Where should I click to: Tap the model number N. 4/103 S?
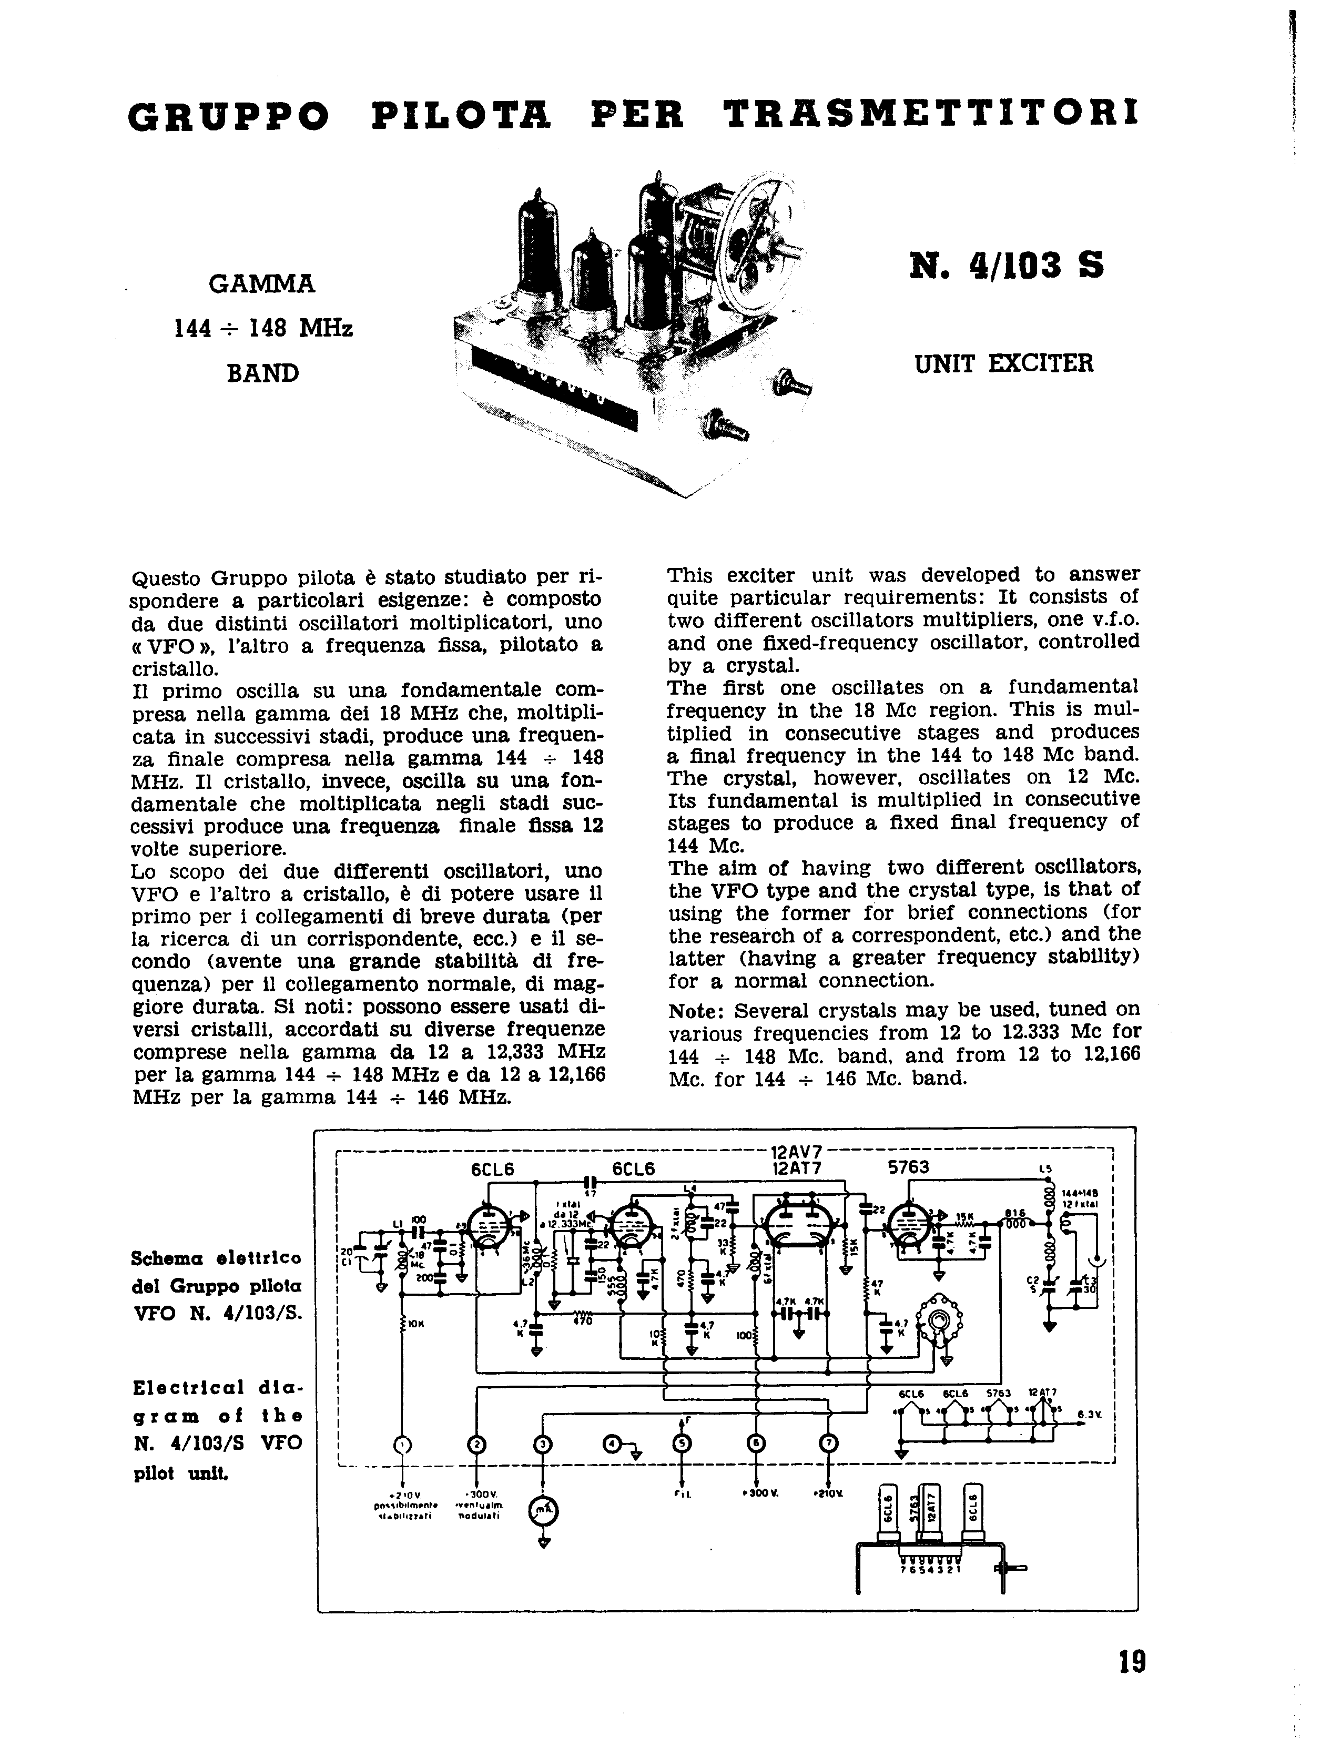click(x=1006, y=265)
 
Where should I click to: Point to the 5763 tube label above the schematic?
click(x=908, y=1168)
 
